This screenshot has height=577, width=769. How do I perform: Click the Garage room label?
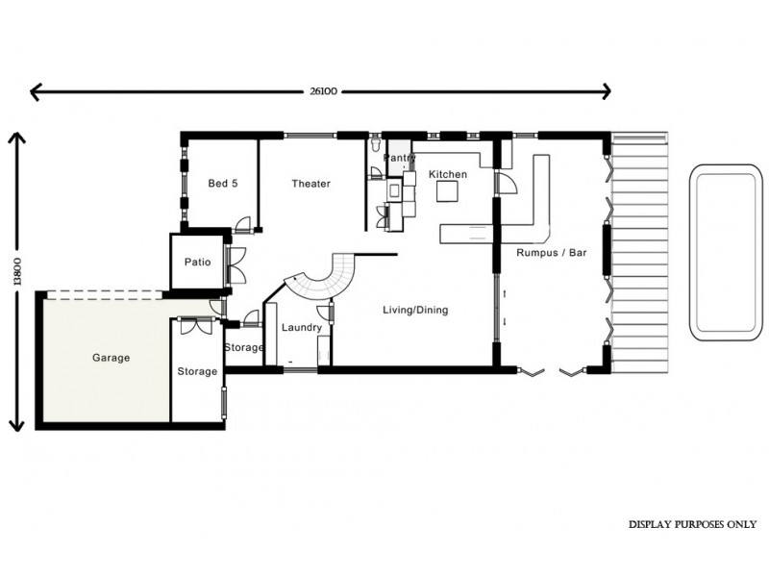[x=111, y=358]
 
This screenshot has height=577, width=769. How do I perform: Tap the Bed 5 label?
[x=223, y=184]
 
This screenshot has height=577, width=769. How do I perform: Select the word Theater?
[x=310, y=184]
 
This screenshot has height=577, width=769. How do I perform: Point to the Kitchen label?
[x=448, y=174]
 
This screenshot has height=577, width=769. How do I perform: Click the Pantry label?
[x=399, y=157]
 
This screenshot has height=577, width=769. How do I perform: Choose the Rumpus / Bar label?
[x=552, y=254]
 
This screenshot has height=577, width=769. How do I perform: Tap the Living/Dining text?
[x=415, y=311]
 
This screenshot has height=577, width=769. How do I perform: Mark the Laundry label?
[x=301, y=328]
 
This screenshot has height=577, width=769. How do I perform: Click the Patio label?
[x=197, y=262]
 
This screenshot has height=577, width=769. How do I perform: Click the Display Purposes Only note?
[x=692, y=525]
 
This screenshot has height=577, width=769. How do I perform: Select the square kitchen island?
[x=447, y=192]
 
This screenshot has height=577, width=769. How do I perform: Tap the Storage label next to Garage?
[x=197, y=371]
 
